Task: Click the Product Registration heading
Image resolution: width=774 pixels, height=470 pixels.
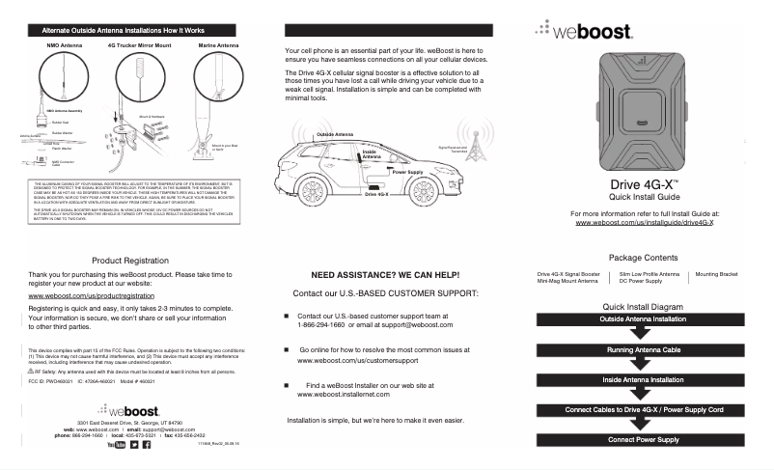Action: [129, 261]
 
